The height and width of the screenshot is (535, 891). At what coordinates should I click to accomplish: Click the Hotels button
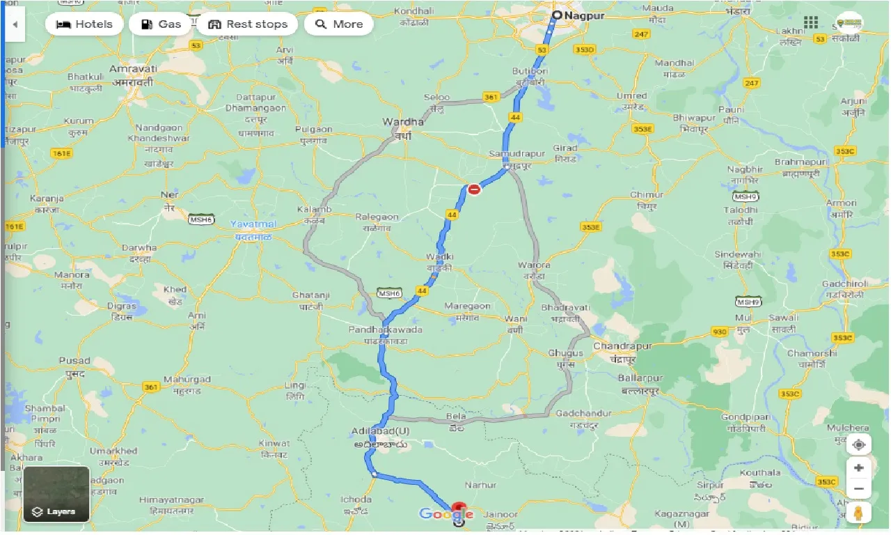click(84, 24)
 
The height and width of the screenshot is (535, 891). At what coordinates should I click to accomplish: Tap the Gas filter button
click(160, 24)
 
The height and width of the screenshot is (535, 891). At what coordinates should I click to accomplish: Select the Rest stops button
click(247, 24)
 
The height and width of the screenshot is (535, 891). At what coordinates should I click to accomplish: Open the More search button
click(338, 24)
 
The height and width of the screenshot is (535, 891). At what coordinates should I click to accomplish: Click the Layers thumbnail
click(56, 494)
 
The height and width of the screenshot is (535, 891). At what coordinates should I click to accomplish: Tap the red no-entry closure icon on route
click(474, 189)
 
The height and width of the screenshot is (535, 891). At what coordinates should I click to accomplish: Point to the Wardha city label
click(402, 122)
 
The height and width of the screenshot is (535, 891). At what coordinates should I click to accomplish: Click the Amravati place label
click(132, 70)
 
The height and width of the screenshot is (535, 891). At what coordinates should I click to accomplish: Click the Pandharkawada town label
click(387, 329)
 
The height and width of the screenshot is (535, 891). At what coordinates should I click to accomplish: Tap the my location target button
click(859, 445)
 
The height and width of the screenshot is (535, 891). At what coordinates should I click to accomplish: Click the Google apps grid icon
click(810, 22)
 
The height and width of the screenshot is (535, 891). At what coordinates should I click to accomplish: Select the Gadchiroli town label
click(842, 285)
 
